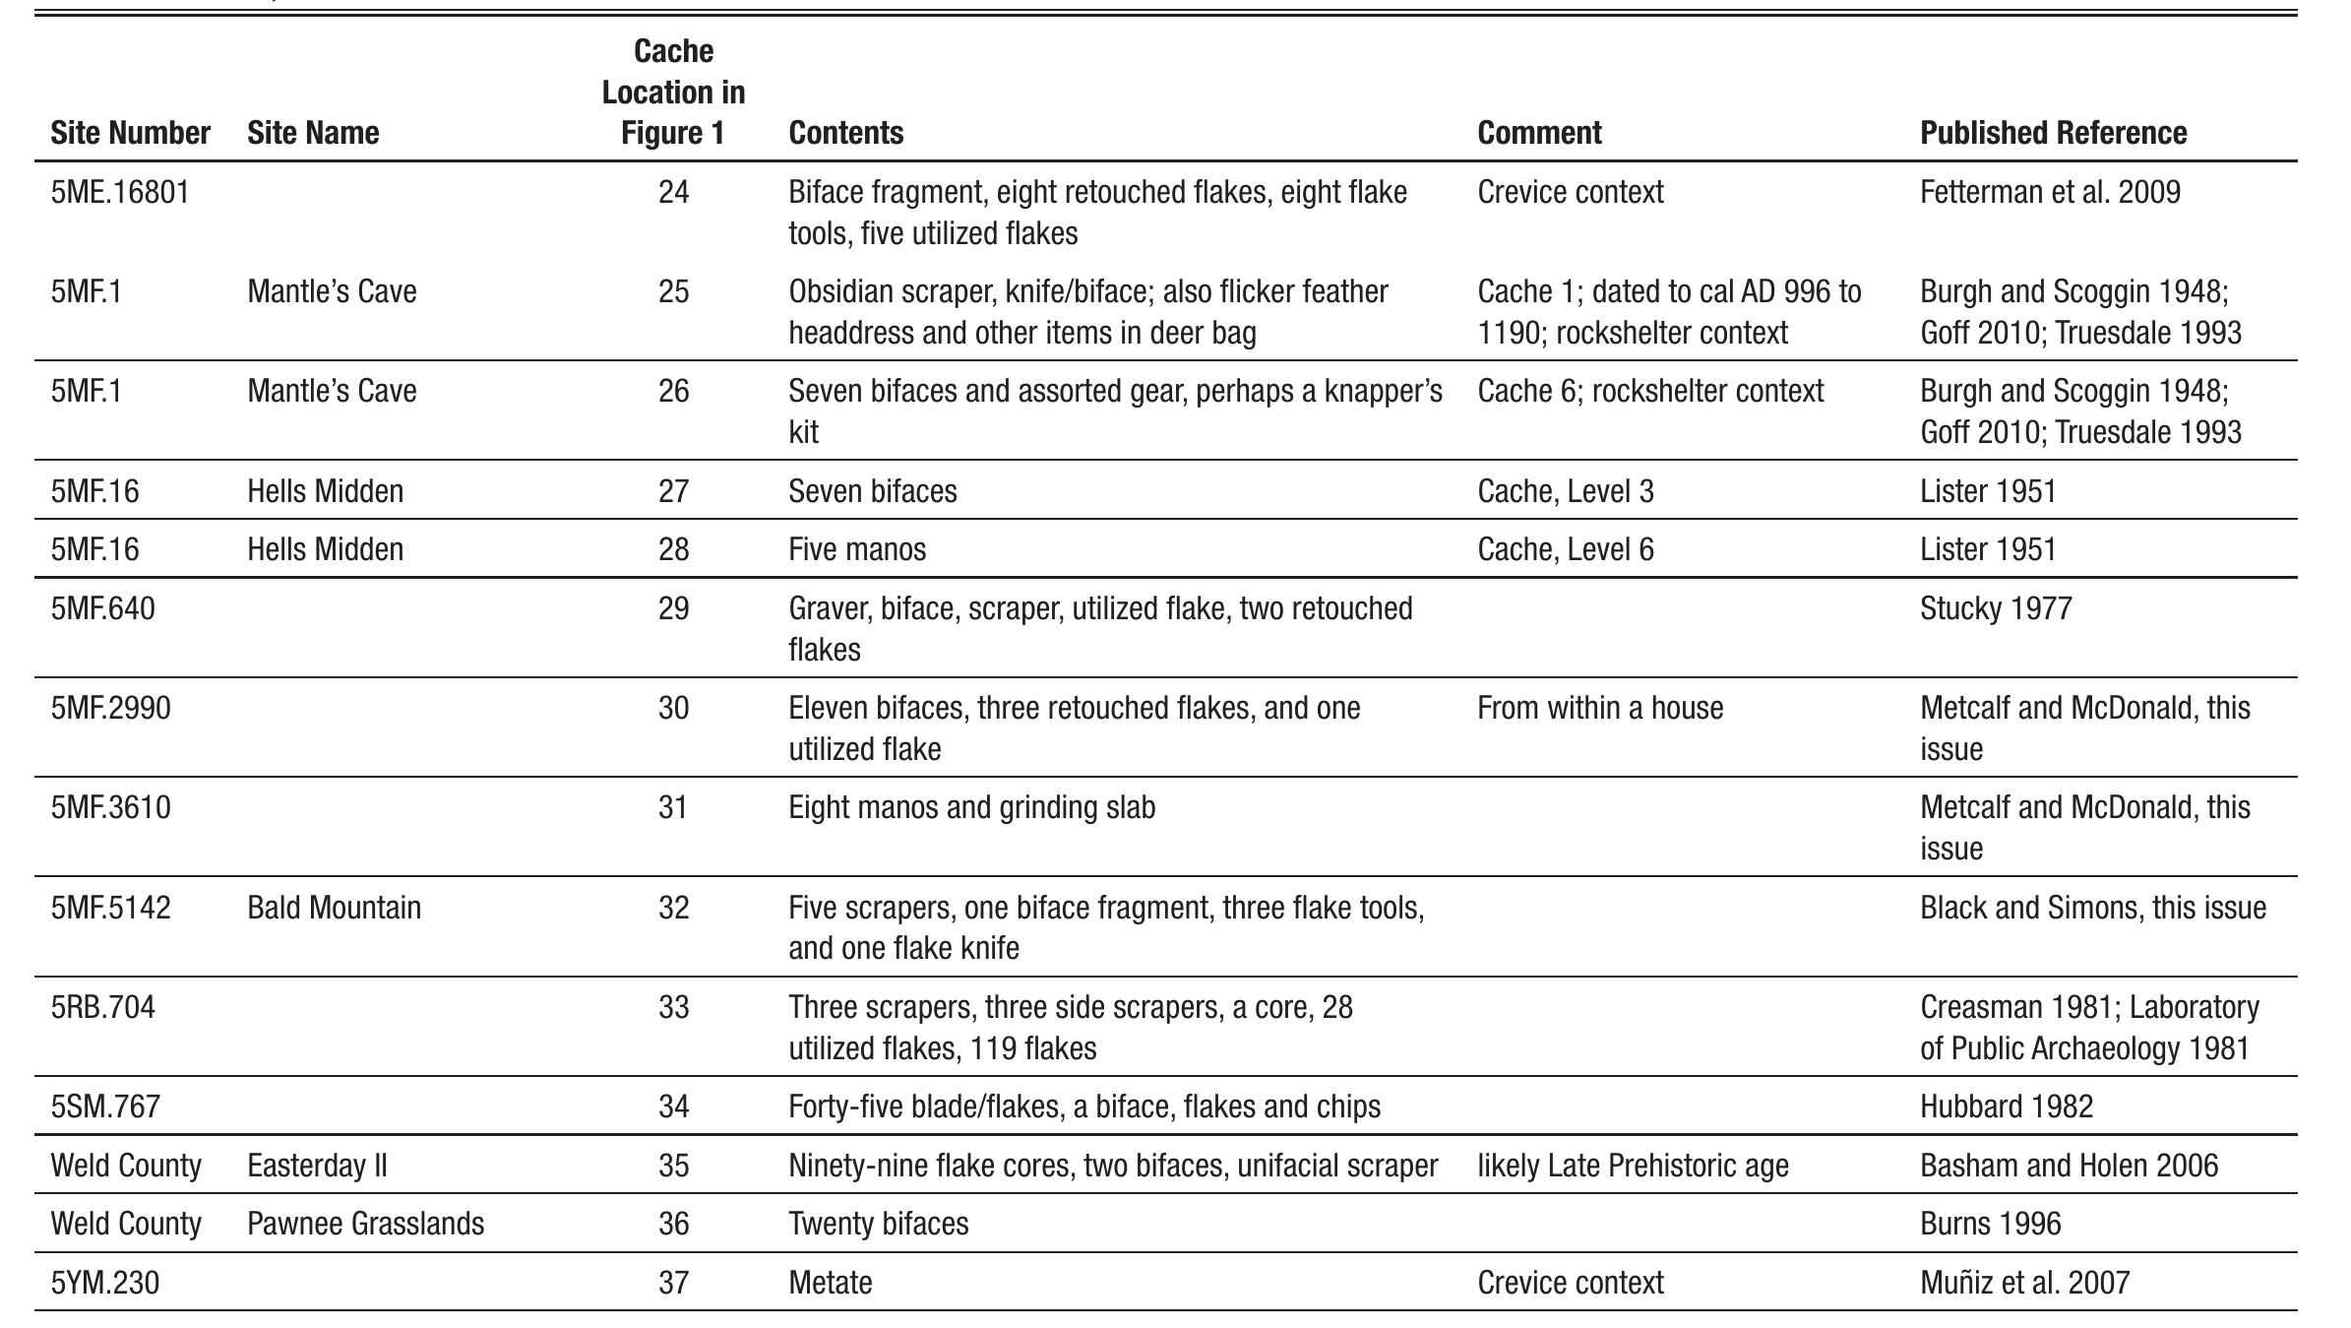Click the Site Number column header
click(x=130, y=133)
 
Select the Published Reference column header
click(x=2053, y=133)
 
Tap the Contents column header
click(x=845, y=133)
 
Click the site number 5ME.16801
click(x=119, y=192)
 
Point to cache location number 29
click(x=673, y=608)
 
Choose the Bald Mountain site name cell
click(x=334, y=907)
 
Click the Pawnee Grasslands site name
click(x=365, y=1224)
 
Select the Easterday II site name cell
click(x=317, y=1166)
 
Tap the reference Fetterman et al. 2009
click(x=2049, y=192)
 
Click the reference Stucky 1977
click(x=1995, y=608)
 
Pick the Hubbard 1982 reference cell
click(x=2006, y=1107)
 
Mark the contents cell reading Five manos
click(x=856, y=549)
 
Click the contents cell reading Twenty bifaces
click(x=878, y=1224)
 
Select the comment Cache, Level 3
click(x=1565, y=490)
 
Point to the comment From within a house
click(x=1599, y=708)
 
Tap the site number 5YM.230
click(x=104, y=1283)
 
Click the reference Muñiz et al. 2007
click(x=2024, y=1283)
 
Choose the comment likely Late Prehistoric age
click(x=1632, y=1166)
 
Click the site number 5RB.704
click(x=102, y=1007)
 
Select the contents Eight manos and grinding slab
click(x=971, y=807)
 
